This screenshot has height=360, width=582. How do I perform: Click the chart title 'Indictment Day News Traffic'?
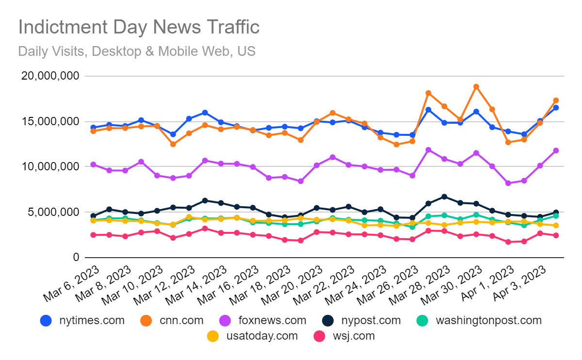[139, 27]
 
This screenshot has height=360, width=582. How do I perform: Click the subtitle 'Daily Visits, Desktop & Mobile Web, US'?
[136, 51]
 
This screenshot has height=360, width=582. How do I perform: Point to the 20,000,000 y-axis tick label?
[49, 76]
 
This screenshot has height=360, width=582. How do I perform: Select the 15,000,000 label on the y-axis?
[49, 121]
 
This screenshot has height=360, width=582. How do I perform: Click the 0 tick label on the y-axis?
[76, 257]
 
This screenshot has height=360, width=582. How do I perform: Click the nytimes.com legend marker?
[46, 321]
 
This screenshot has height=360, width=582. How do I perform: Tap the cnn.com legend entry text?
[181, 321]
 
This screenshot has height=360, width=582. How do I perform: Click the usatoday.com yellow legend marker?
[212, 336]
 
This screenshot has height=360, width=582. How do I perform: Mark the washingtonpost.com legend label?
[488, 321]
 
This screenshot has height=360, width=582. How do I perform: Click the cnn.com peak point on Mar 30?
[476, 87]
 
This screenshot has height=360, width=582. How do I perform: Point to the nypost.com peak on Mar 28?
[444, 196]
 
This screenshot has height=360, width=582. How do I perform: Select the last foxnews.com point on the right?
[556, 150]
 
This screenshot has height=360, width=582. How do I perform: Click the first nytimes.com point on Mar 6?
[93, 128]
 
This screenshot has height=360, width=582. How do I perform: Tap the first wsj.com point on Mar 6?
[93, 235]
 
